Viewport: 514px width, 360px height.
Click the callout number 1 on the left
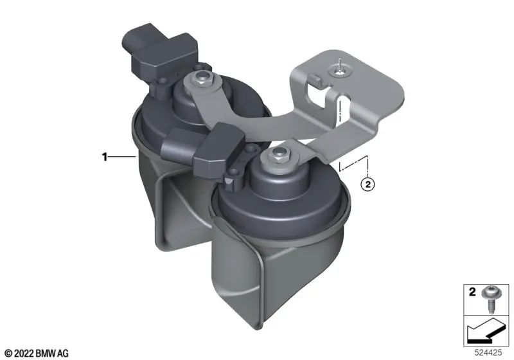click(x=103, y=156)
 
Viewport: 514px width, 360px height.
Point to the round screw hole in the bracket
click(x=340, y=73)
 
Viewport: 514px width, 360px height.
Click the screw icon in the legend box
click(x=493, y=297)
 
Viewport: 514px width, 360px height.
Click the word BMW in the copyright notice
click(x=46, y=353)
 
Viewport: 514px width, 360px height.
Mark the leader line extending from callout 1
click(x=121, y=156)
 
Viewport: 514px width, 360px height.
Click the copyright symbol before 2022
click(x=8, y=353)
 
